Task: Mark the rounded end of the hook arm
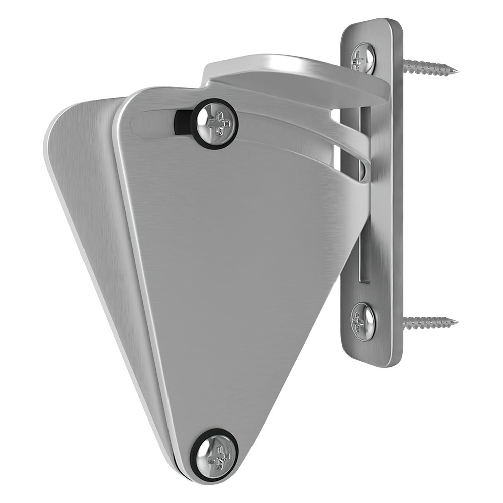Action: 363,169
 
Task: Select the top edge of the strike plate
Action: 372,21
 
